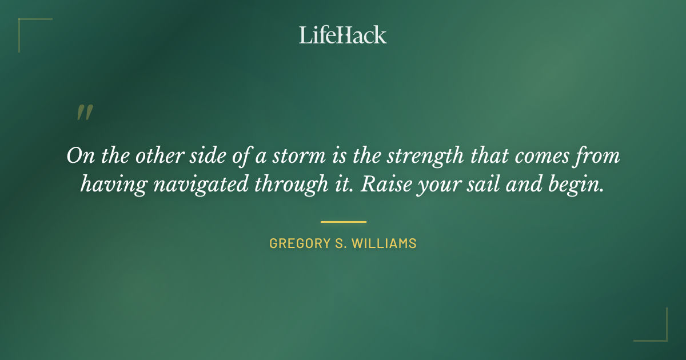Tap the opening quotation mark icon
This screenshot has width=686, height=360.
84,113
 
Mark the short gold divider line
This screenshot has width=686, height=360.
343,222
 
